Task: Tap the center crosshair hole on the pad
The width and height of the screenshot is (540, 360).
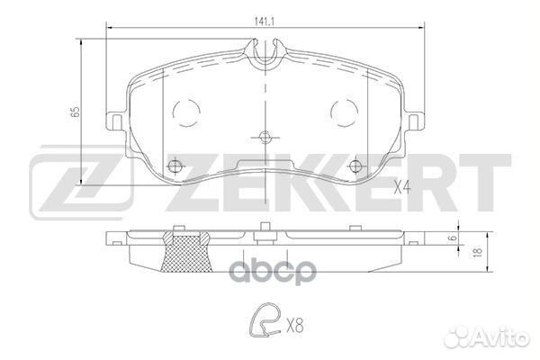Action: point(264,138)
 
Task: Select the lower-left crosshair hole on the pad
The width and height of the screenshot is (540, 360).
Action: point(176,166)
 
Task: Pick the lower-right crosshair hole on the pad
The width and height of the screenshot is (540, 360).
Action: point(353,166)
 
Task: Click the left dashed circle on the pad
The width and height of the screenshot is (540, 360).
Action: point(187,112)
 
